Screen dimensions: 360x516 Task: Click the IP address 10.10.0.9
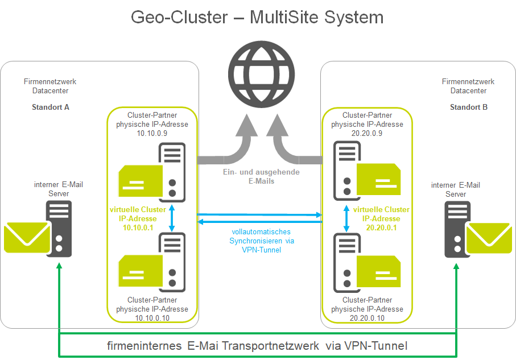click(152, 133)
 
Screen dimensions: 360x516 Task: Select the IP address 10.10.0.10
click(152, 318)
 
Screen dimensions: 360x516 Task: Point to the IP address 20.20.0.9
click(368, 133)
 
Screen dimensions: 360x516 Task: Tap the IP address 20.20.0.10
click(368, 318)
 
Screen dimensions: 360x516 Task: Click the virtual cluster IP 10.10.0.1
click(138, 227)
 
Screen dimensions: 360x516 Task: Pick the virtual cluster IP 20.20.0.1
click(381, 227)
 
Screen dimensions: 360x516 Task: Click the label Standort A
click(51, 107)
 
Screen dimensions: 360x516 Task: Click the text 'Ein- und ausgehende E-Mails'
click(261, 176)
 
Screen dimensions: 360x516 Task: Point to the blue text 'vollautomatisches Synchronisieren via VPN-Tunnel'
click(261, 241)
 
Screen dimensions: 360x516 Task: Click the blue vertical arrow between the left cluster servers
click(171, 219)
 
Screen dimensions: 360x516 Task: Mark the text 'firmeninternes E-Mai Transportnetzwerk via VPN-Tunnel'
click(257, 346)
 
